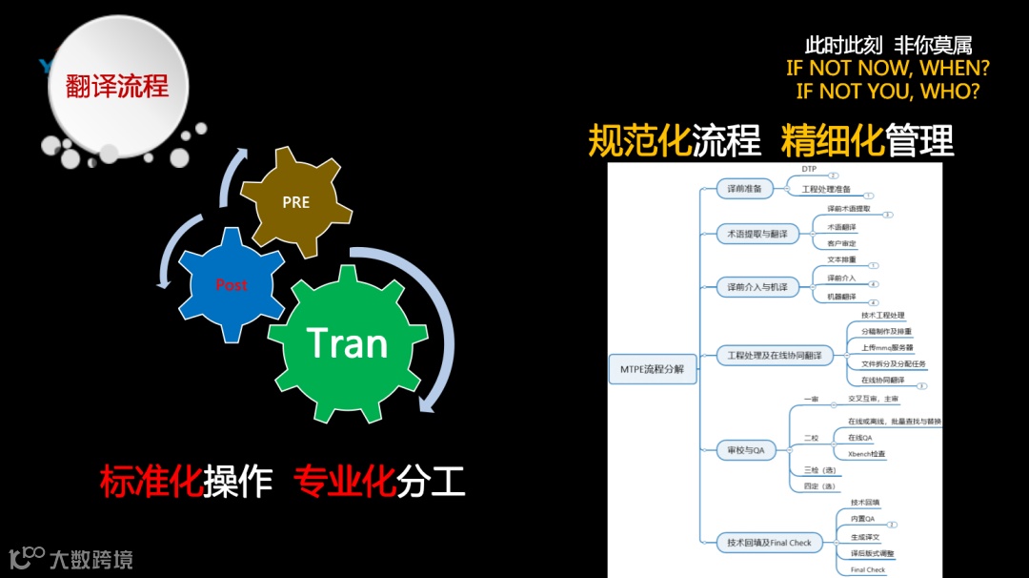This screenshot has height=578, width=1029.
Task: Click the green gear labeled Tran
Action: click(347, 343)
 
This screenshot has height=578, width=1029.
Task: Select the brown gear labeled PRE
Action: click(296, 202)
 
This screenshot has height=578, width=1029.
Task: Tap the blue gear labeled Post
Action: click(232, 284)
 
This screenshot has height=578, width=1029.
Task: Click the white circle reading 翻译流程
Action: click(117, 87)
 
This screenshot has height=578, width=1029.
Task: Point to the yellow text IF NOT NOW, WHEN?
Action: click(887, 69)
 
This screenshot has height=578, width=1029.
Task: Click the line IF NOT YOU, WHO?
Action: click(887, 92)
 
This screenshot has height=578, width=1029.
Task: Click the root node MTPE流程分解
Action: click(653, 367)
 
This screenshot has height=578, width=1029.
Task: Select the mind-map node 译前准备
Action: click(744, 189)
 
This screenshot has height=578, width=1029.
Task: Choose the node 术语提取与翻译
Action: click(757, 234)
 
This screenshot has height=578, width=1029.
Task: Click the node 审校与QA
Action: click(746, 448)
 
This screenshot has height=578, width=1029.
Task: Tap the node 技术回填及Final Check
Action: click(769, 543)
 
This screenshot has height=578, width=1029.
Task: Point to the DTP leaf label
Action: click(809, 169)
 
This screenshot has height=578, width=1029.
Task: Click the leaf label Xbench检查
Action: click(866, 454)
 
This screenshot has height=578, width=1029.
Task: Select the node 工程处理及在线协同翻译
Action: click(774, 356)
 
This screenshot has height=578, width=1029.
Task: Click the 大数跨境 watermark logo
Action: click(71, 558)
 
